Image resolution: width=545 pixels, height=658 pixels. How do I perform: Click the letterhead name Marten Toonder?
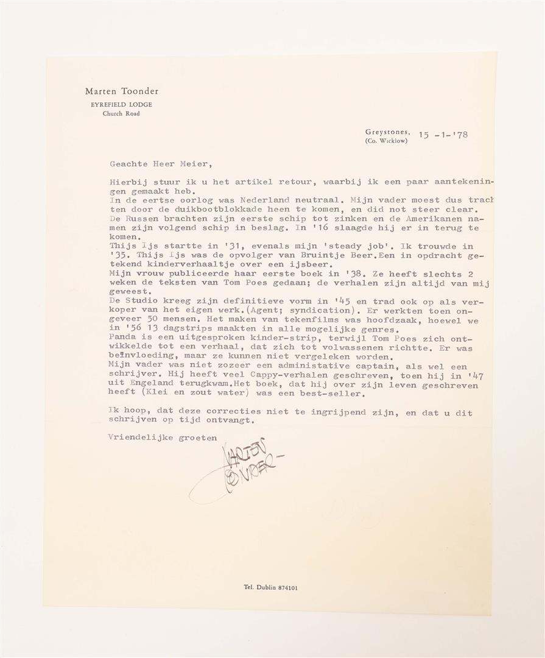click(x=122, y=91)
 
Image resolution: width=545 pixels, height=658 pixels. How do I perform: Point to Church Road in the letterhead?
click(x=121, y=114)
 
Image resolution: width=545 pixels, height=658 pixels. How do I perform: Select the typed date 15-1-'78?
click(x=443, y=135)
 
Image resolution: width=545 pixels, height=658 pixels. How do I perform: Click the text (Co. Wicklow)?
click(x=386, y=141)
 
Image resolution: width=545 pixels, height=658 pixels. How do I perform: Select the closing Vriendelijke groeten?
click(x=163, y=436)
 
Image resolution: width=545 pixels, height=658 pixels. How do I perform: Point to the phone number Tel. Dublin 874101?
click(x=271, y=588)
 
